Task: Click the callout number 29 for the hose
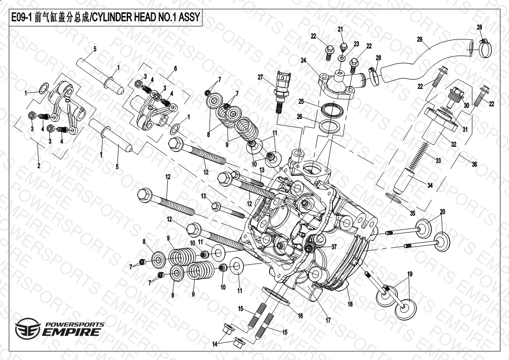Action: click(x=420, y=39)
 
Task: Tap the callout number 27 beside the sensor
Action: click(x=260, y=77)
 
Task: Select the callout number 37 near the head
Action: click(x=334, y=247)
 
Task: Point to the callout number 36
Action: click(x=474, y=165)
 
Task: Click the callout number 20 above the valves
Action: click(x=442, y=212)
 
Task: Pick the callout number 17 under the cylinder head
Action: click(x=328, y=320)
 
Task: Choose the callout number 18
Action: click(x=350, y=304)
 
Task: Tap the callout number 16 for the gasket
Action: click(x=300, y=316)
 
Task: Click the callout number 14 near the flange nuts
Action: click(x=215, y=344)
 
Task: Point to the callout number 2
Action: click(x=39, y=166)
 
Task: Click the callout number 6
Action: click(x=175, y=68)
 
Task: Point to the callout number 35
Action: click(x=412, y=213)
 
